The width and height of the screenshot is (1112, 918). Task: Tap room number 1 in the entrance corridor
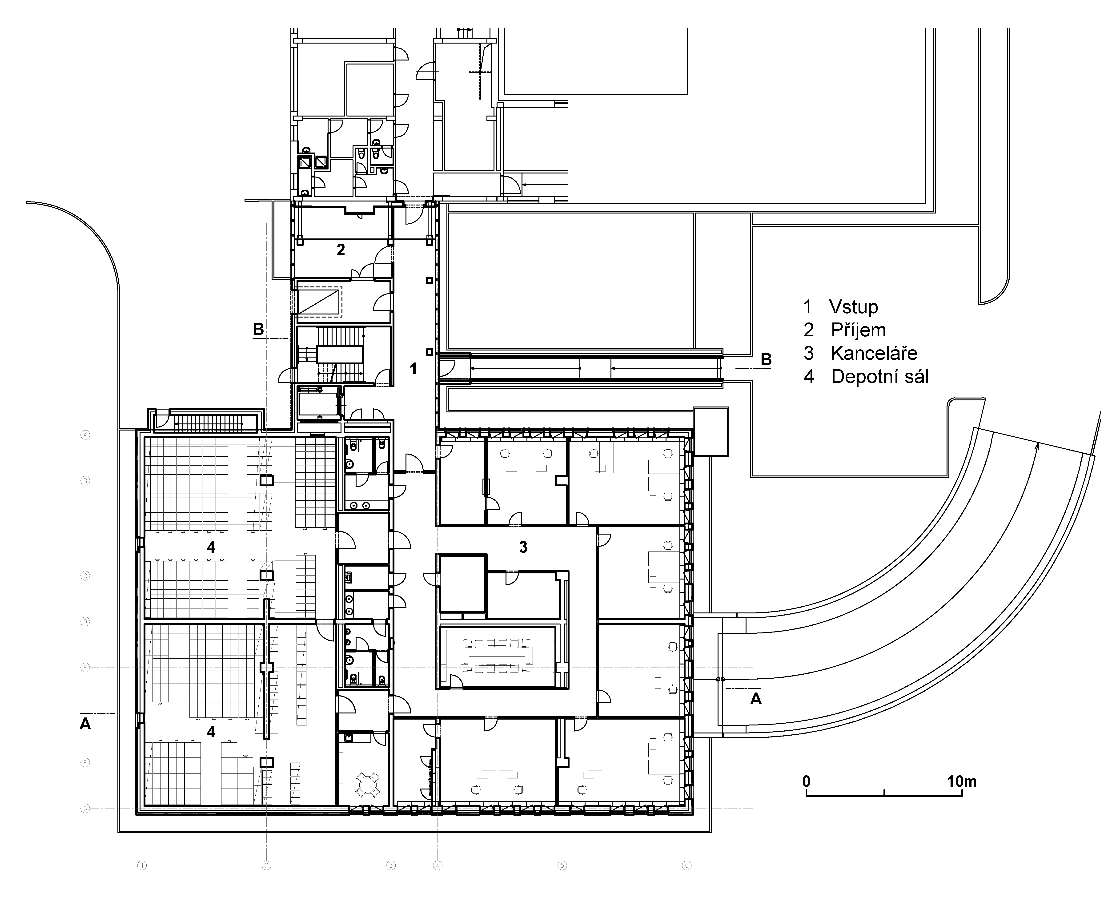point(413,369)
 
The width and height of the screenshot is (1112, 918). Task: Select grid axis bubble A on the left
point(84,435)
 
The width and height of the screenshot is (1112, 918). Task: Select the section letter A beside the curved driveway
point(756,699)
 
